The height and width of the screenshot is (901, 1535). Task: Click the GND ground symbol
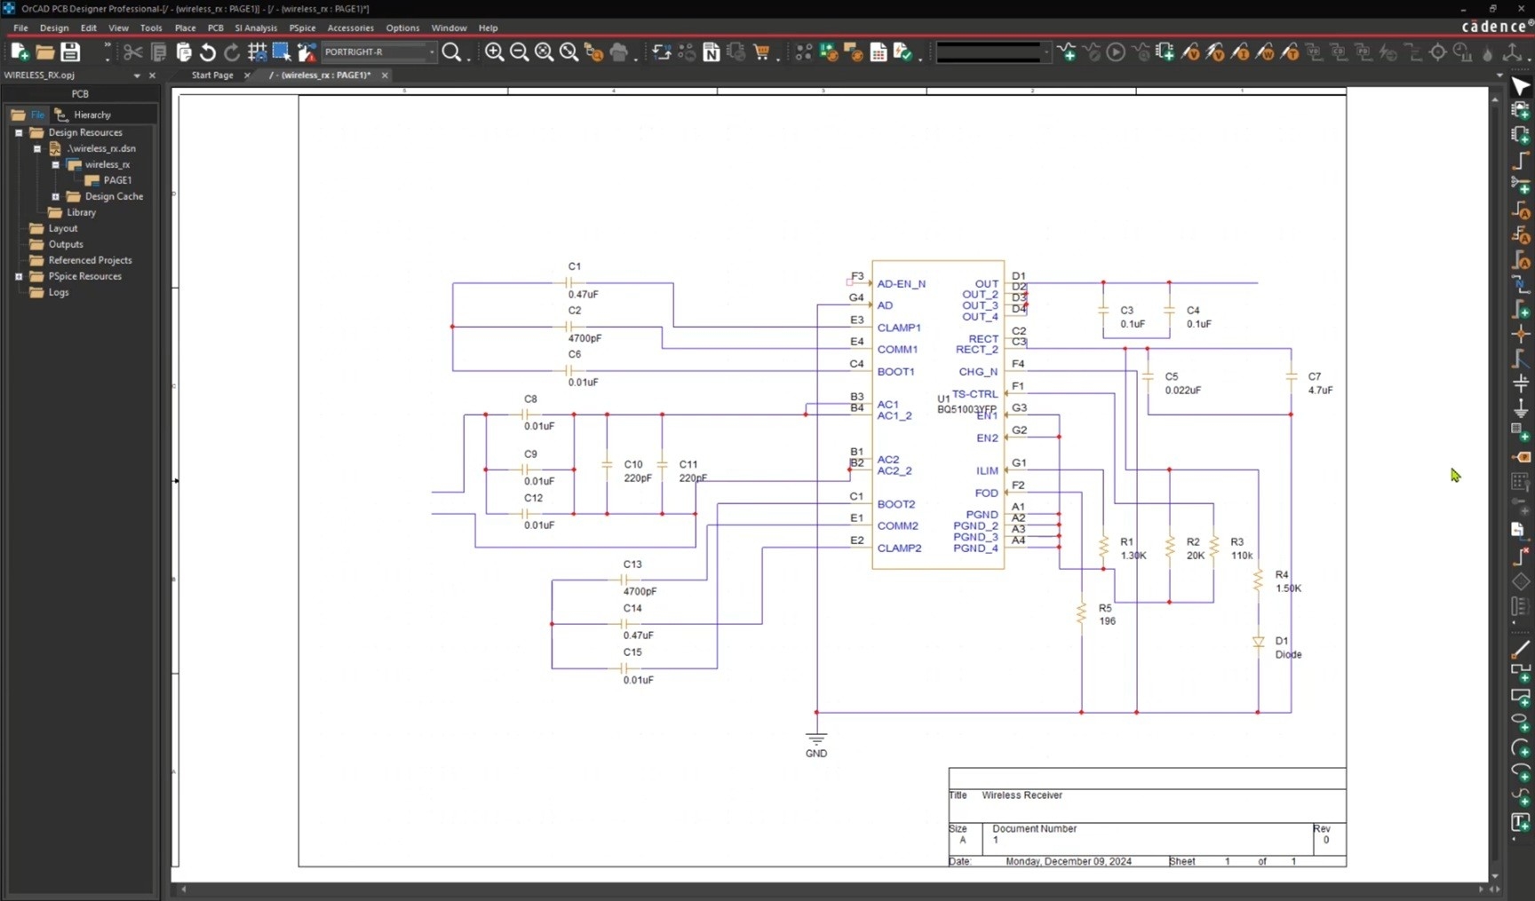(x=816, y=739)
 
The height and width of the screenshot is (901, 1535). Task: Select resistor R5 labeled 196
(x=1081, y=613)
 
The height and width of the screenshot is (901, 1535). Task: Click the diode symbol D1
(x=1258, y=642)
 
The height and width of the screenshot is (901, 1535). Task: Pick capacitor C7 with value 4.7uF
(x=1291, y=377)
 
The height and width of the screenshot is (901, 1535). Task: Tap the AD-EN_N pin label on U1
(x=901, y=284)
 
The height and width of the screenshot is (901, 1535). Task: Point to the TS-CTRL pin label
(x=974, y=394)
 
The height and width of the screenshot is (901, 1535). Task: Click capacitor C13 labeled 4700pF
(x=624, y=579)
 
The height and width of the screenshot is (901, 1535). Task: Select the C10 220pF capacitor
(x=607, y=465)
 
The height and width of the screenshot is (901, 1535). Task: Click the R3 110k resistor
(x=1213, y=547)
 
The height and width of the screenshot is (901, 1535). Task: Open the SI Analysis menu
(x=256, y=28)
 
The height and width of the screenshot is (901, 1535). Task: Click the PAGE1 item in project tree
(x=117, y=180)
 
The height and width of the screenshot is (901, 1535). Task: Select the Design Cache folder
(x=114, y=196)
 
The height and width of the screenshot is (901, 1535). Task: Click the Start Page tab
(x=212, y=75)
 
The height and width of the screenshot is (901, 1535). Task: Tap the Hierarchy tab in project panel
(x=91, y=115)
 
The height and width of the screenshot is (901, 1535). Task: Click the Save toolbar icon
(x=70, y=52)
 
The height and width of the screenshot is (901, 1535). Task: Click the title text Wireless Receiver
(x=1022, y=795)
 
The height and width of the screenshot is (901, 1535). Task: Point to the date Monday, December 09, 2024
(x=1068, y=861)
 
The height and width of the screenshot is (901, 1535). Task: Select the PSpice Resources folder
(x=84, y=276)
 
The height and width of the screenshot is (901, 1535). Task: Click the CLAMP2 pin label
(x=899, y=549)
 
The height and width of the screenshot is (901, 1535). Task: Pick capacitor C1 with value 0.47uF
(x=569, y=283)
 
